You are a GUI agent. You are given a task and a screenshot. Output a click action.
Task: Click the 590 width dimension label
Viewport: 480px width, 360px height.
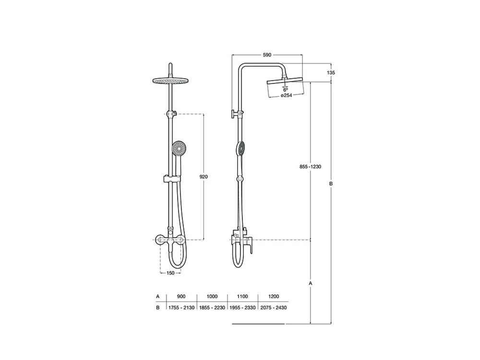point(267,55)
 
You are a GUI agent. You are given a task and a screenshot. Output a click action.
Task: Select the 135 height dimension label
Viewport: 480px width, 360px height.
point(331,73)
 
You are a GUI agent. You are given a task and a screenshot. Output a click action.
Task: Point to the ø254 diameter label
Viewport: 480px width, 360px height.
point(286,95)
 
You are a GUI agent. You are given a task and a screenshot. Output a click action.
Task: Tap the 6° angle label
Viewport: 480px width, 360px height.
point(285,90)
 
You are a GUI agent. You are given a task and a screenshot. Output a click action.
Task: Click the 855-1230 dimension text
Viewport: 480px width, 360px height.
point(310,167)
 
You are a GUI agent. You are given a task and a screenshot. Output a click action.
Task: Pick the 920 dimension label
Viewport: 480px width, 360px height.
point(203,177)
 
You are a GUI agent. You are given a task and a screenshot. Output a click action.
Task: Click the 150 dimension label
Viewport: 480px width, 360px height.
point(170,273)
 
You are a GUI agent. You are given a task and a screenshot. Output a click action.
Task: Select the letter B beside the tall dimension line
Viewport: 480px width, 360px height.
point(331,184)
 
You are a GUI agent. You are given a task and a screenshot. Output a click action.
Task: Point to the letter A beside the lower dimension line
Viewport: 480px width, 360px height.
point(311,284)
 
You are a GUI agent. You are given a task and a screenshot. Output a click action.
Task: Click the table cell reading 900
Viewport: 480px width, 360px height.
point(181,296)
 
